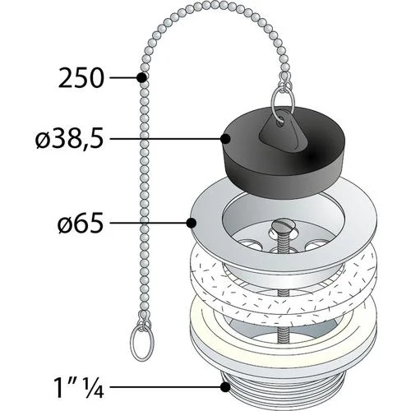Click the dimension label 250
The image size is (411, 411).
[81, 78]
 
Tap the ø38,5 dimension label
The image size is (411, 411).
[70, 139]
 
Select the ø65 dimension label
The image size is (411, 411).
[81, 223]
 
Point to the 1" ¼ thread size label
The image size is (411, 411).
[80, 387]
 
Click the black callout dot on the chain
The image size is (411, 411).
[141, 77]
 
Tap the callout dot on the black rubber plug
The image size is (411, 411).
[225, 139]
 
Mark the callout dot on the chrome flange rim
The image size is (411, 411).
[192, 223]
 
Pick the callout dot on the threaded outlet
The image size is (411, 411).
[225, 387]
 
